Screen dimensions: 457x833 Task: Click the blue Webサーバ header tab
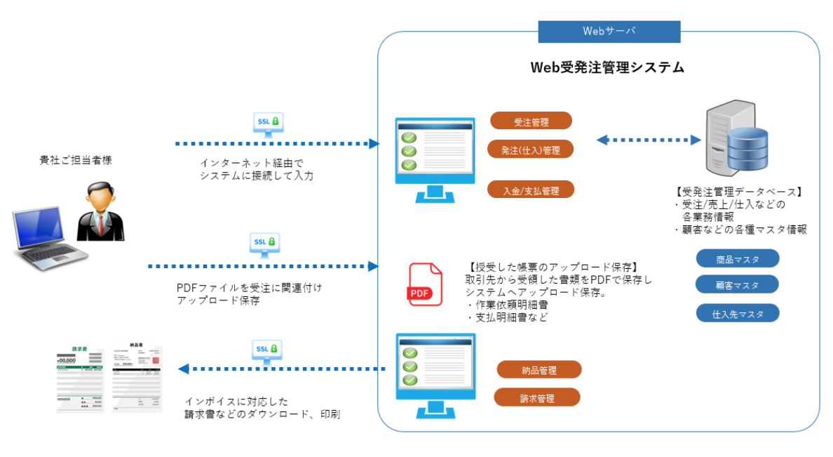tap(609, 32)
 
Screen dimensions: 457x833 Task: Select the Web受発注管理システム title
tap(607, 68)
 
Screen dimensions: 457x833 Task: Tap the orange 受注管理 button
tap(531, 121)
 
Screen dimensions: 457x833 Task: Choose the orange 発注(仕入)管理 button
tap(531, 150)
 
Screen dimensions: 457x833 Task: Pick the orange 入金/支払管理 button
tap(531, 190)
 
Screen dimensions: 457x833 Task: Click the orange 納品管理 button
tap(539, 370)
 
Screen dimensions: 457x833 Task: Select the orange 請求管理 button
tap(538, 398)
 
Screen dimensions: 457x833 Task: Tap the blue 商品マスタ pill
tap(738, 259)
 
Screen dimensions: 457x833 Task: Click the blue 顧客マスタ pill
tap(737, 285)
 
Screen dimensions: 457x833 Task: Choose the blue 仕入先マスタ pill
tap(738, 313)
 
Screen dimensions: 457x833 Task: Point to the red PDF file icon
tap(425, 284)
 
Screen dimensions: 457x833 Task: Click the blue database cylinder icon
tap(747, 152)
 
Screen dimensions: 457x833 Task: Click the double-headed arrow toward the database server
tap(649, 140)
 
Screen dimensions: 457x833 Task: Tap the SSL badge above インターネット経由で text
tap(268, 122)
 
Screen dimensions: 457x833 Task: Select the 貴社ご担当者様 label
tap(76, 161)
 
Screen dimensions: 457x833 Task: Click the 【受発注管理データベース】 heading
tap(738, 192)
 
